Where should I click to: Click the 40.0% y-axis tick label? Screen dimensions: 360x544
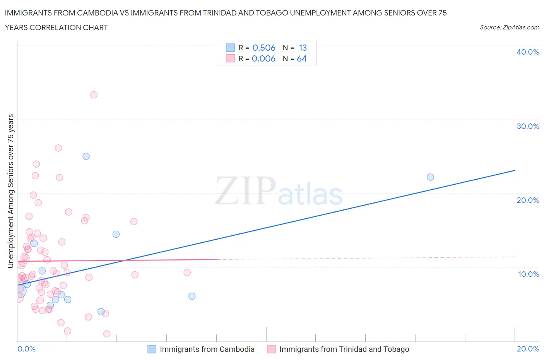(x=527, y=52)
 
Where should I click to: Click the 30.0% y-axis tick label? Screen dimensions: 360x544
(x=527, y=126)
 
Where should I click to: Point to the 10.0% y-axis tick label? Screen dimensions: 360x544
(x=528, y=274)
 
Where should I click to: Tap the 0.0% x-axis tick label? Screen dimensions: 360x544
(x=26, y=349)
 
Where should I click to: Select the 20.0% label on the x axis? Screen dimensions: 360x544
(x=528, y=349)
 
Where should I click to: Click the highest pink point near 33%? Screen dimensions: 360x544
(x=94, y=95)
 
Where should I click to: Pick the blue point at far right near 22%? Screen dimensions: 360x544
(x=430, y=177)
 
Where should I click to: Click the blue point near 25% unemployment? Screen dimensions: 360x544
(x=86, y=156)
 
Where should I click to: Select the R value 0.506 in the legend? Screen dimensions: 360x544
(x=264, y=48)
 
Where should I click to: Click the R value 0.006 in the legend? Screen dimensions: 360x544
(x=263, y=58)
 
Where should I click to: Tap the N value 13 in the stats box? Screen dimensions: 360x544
(x=303, y=48)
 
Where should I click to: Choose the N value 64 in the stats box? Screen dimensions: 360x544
(x=302, y=58)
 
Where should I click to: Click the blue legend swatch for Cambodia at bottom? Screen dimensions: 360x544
(x=152, y=349)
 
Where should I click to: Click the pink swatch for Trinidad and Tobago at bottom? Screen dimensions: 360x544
(x=272, y=349)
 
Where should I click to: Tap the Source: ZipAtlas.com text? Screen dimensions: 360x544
(x=509, y=27)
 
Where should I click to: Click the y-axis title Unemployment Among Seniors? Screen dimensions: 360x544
(x=11, y=191)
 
